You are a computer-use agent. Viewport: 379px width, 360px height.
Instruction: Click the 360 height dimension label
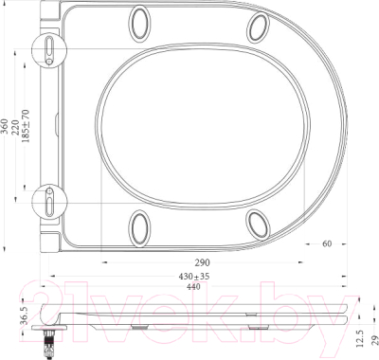pyautogui.click(x=7, y=129)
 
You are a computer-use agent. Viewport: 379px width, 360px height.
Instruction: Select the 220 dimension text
pyautogui.click(x=17, y=129)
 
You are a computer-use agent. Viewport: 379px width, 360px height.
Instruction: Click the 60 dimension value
pyautogui.click(x=326, y=244)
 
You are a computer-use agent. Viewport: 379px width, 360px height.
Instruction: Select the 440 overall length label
pyautogui.click(x=196, y=286)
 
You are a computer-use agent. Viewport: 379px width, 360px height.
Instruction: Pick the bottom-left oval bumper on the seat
pyautogui.click(x=142, y=225)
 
